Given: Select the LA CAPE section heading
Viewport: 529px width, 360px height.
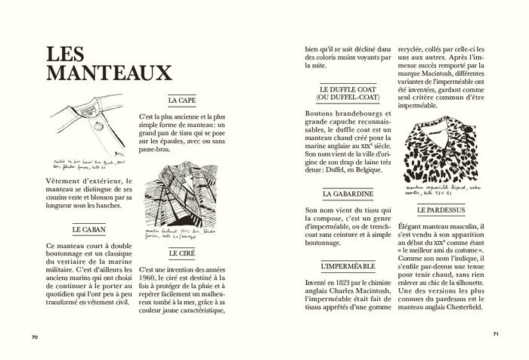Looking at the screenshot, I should click(181, 100).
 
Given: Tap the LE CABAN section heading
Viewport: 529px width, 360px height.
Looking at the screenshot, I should click(88, 228).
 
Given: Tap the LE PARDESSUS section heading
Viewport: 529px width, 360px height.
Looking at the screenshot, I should click(444, 209).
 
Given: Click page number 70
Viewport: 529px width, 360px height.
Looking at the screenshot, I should click(35, 337).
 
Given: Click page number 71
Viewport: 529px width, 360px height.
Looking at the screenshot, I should click(495, 334).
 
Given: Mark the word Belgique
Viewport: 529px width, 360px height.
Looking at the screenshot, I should click(372, 172).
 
